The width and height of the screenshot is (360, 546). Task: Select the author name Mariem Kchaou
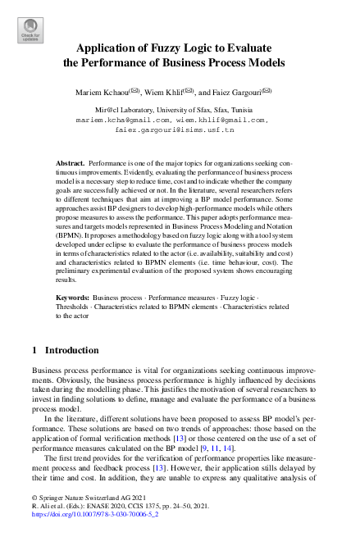pos(104,92)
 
